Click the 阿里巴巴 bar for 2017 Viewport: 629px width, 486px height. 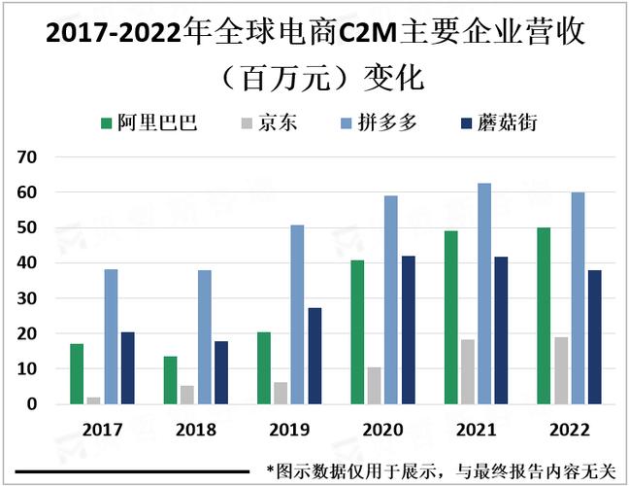77,373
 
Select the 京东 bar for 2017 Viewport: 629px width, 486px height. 93,399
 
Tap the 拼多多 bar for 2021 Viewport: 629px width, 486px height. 484,293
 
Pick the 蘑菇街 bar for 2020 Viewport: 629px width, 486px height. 408,330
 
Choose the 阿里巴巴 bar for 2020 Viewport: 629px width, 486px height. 356,331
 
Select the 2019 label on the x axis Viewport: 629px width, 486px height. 288,429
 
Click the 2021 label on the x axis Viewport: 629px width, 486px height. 476,429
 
